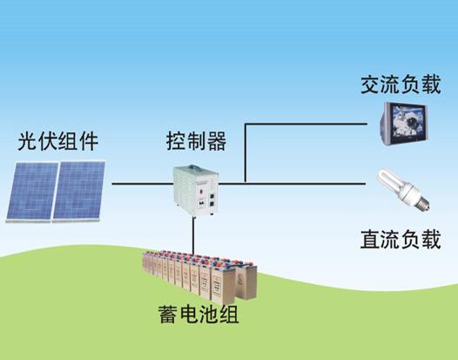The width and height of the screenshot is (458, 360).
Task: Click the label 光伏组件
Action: point(57,141)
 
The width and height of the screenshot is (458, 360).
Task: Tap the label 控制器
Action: point(196,141)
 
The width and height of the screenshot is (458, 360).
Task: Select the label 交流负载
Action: point(401,85)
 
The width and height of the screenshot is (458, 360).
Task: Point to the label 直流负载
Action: point(401,239)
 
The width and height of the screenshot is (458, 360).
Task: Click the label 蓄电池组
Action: point(199,315)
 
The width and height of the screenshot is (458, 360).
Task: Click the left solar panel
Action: point(32,192)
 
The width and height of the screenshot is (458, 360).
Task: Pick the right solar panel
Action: point(79,192)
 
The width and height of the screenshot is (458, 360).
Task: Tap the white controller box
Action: point(196,191)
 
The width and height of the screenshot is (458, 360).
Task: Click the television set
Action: point(404,124)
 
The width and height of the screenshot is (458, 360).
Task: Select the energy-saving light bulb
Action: point(403,189)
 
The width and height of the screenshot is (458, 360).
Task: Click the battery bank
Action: point(199,276)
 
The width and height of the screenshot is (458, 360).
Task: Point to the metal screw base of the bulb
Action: point(422,202)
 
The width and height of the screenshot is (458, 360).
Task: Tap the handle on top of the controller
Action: point(195,168)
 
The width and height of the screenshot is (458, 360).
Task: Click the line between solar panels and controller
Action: point(143,184)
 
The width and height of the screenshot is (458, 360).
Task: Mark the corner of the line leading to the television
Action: point(246,124)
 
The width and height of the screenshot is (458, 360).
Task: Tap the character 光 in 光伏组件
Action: point(28,141)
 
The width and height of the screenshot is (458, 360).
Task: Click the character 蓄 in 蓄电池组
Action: point(168,315)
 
